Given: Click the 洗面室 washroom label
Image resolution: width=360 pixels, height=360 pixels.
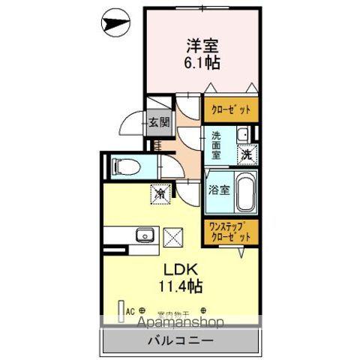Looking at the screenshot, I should (x=216, y=145).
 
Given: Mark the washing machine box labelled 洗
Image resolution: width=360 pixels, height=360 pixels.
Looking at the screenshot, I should (x=245, y=155).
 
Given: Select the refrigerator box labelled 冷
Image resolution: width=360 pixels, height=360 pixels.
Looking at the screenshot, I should (x=160, y=193).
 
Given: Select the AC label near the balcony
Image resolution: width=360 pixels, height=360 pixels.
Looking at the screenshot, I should (x=129, y=309).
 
